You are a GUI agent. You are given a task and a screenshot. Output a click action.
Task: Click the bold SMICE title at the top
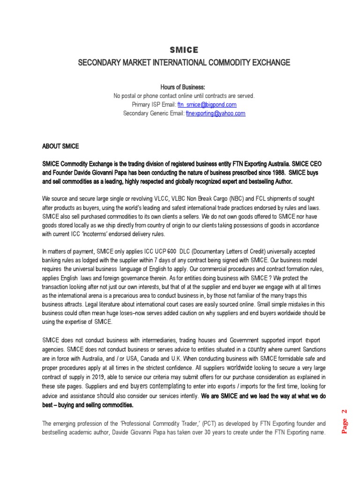coord(183,50)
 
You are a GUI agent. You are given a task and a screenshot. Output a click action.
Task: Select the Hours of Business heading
coord(183,88)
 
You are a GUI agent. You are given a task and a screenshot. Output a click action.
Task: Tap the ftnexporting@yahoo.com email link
coord(215,113)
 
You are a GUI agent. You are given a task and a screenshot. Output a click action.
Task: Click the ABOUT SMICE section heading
coord(60,147)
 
